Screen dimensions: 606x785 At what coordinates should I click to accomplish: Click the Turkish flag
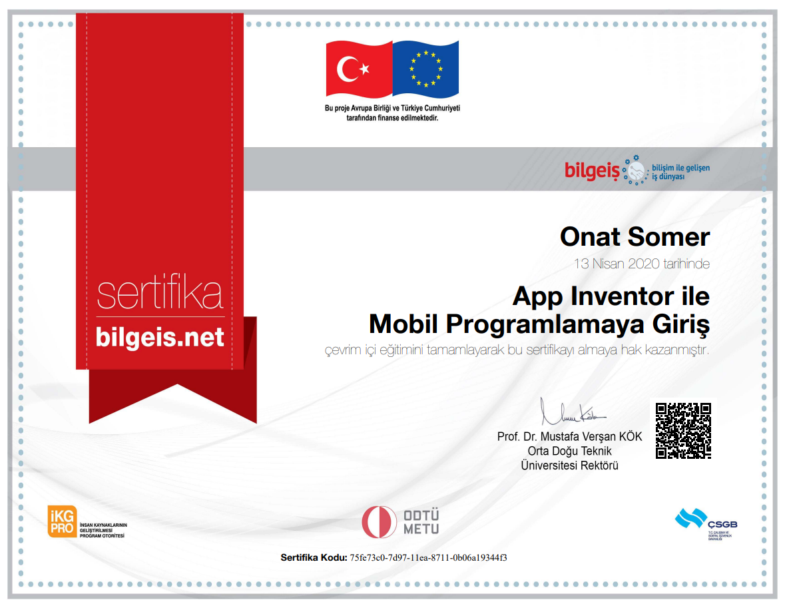point(358,69)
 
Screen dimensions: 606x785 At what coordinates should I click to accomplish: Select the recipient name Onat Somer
point(635,237)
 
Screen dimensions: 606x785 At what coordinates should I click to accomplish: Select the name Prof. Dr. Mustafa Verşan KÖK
point(569,437)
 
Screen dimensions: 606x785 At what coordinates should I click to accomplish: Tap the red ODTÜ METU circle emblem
point(379,521)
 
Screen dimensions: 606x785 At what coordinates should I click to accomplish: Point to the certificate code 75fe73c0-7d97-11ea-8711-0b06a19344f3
point(428,557)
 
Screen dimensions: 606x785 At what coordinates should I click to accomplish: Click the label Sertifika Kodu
point(313,557)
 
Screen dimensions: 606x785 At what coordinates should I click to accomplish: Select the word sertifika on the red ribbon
point(160,294)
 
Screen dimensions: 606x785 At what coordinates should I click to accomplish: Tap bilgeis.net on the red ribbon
point(160,337)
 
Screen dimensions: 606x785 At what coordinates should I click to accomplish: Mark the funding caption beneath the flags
point(392,113)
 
